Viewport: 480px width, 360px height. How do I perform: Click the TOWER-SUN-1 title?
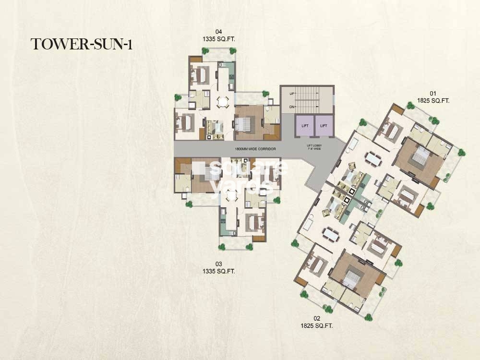pyautogui.click(x=82, y=44)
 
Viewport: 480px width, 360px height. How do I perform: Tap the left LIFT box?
pyautogui.click(x=305, y=126)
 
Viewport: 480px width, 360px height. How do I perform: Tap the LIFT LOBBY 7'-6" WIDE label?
pyautogui.click(x=314, y=147)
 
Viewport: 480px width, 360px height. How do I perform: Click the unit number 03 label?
pyautogui.click(x=219, y=264)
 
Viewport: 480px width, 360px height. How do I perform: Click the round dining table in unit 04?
pyautogui.click(x=223, y=101)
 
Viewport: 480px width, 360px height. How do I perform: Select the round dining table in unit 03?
pyautogui.click(x=232, y=195)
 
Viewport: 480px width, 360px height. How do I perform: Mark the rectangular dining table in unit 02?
pyautogui.click(x=330, y=234)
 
